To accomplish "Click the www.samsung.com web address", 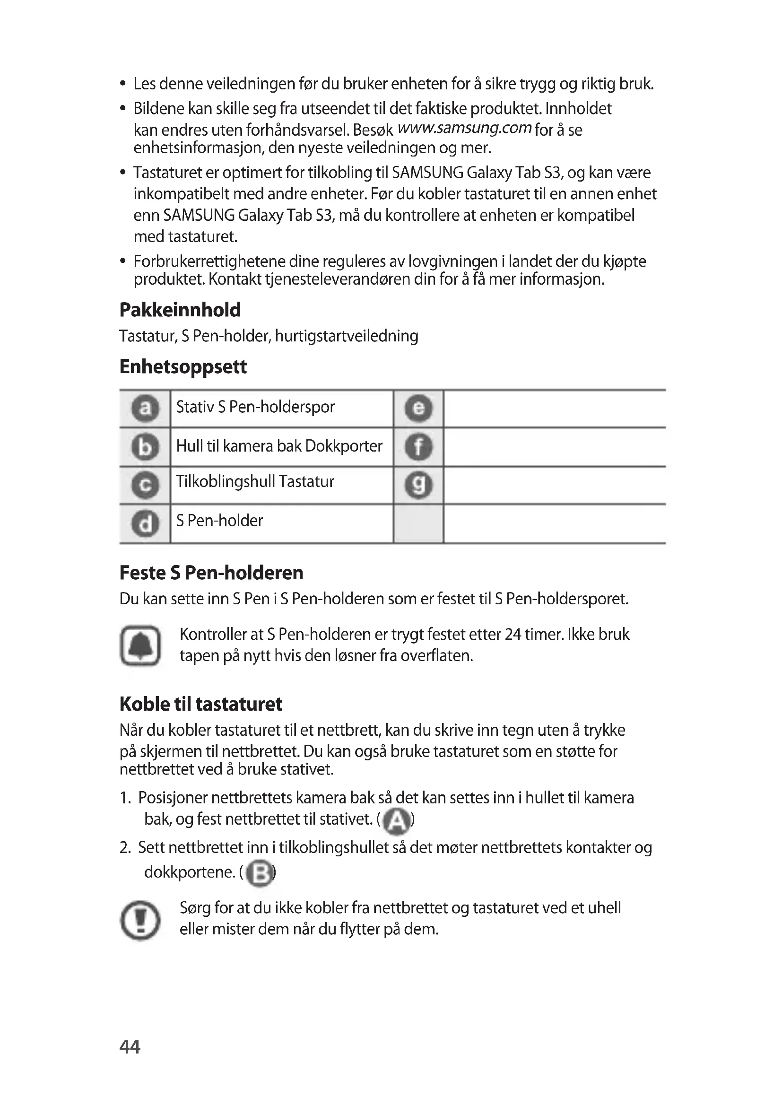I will pos(465,128).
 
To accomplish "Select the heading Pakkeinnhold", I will pos(180,310).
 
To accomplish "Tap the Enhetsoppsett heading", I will pos(183,366).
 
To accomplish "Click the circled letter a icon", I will pos(145,409).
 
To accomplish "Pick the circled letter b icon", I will pos(145,447).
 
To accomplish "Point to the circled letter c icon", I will pos(145,485).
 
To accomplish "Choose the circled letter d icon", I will pos(145,523).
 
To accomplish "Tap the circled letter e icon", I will pos(418,409).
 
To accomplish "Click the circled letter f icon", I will pos(418,447).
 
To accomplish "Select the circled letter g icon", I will pos(418,485).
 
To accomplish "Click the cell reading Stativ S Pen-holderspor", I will pos(255,407).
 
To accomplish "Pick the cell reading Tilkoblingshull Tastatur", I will pos(255,482).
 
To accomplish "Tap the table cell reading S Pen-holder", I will pos(219,521).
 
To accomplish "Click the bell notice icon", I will pos(140,645).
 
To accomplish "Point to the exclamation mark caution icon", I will pos(140,920).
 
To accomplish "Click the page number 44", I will pos(130,1047).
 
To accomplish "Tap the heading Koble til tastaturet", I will pos(201,704).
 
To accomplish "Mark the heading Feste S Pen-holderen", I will pos(211,573).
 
